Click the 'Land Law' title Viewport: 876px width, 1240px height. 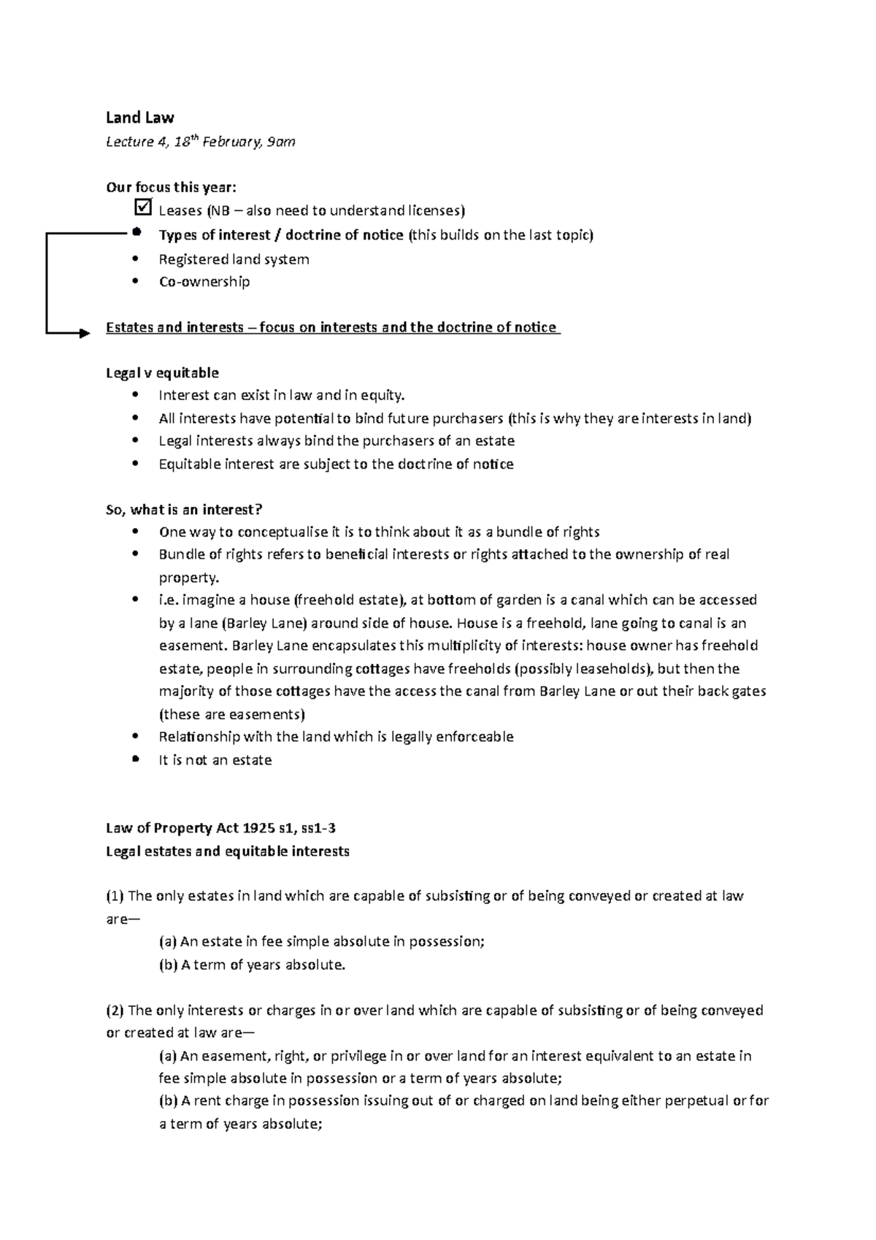click(x=139, y=118)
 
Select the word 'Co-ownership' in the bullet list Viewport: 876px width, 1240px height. click(x=204, y=282)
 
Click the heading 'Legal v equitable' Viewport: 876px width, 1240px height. click(x=162, y=373)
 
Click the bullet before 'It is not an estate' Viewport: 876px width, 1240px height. click(x=136, y=759)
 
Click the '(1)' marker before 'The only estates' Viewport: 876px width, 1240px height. click(x=115, y=896)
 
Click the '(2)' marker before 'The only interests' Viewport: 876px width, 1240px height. click(x=115, y=1011)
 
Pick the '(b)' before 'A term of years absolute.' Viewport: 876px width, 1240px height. click(x=168, y=965)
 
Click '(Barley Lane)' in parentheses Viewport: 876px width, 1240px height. click(x=258, y=624)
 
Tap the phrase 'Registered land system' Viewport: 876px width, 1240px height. click(x=234, y=259)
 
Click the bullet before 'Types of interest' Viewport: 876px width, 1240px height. click(x=136, y=234)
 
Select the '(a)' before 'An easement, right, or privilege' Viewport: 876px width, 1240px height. click(x=168, y=1056)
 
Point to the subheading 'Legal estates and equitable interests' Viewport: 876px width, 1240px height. click(x=228, y=851)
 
